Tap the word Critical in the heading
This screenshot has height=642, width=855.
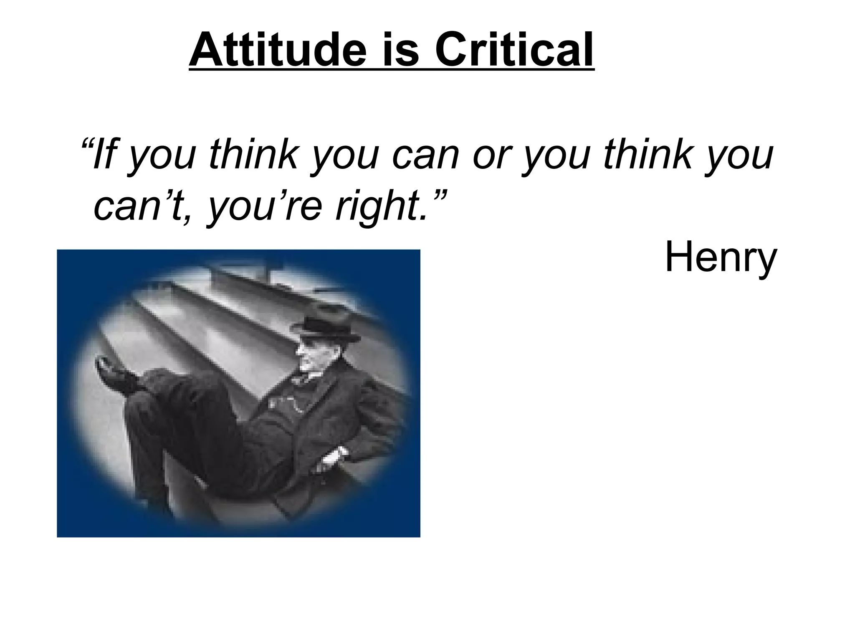pyautogui.click(x=514, y=49)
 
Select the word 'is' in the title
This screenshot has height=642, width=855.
pyautogui.click(x=401, y=49)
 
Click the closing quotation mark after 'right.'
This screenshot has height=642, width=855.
pyautogui.click(x=438, y=194)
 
